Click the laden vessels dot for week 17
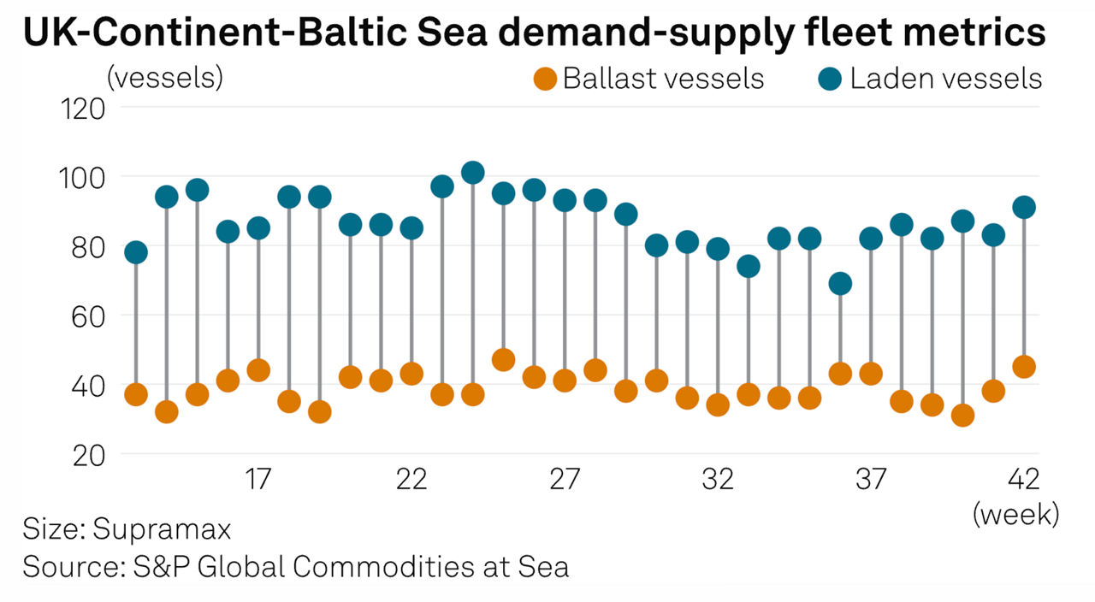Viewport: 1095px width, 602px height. click(x=258, y=228)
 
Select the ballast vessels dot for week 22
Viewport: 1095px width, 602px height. click(x=411, y=374)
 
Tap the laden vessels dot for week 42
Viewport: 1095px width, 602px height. click(x=1024, y=207)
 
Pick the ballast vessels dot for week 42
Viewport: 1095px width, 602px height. click(x=1024, y=367)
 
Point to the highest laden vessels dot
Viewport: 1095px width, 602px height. click(x=473, y=173)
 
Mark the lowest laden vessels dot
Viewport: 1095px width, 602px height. click(x=841, y=284)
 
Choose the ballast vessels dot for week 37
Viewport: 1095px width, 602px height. click(x=871, y=374)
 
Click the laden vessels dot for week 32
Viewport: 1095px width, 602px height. click(x=718, y=249)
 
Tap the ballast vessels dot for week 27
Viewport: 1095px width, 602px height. click(x=565, y=381)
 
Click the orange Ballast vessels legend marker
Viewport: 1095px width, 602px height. click(x=545, y=79)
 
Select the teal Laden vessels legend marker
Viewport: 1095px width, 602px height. click(x=831, y=79)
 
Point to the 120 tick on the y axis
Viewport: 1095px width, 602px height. click(x=82, y=109)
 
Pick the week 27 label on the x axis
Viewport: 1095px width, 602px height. click(x=565, y=481)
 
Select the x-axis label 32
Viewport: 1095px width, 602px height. click(x=718, y=481)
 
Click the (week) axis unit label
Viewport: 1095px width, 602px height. click(x=1015, y=515)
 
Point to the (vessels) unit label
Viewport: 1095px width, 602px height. click(x=164, y=78)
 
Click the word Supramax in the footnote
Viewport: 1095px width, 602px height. click(x=162, y=529)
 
